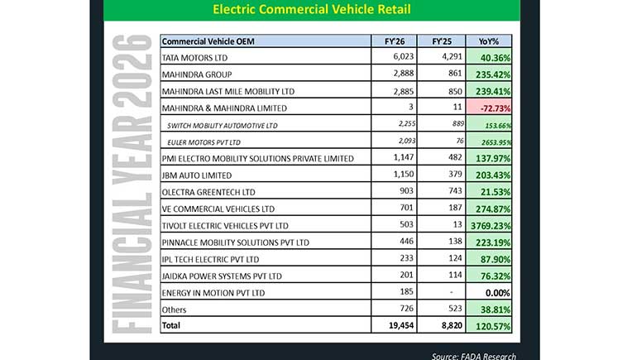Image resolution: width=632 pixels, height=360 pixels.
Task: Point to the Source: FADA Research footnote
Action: click(474, 355)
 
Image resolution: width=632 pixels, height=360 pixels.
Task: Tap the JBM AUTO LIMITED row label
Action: click(196, 175)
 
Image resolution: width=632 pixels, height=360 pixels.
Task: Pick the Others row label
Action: click(175, 310)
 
